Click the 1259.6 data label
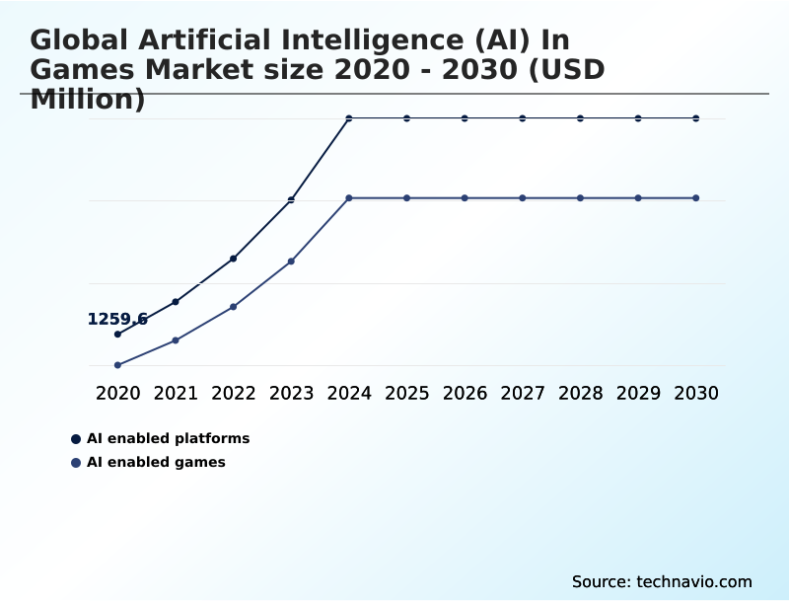click(x=117, y=319)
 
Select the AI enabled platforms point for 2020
click(x=117, y=335)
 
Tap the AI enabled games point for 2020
click(x=117, y=365)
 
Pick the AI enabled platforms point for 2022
click(x=233, y=259)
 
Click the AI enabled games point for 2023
click(x=291, y=262)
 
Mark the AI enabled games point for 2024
click(x=349, y=198)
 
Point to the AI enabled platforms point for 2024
click(x=349, y=118)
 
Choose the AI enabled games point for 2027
click(x=523, y=198)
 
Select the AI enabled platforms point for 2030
click(x=696, y=118)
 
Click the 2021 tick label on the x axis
click(x=176, y=393)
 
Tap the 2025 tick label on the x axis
click(x=406, y=393)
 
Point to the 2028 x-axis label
click(x=580, y=393)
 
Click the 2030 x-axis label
click(x=696, y=393)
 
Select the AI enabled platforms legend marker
click(x=76, y=439)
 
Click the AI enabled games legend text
click(x=156, y=463)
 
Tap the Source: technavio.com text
click(x=662, y=581)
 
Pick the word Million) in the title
click(x=88, y=99)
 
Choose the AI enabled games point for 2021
click(x=176, y=340)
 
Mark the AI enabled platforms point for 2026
click(x=465, y=118)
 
